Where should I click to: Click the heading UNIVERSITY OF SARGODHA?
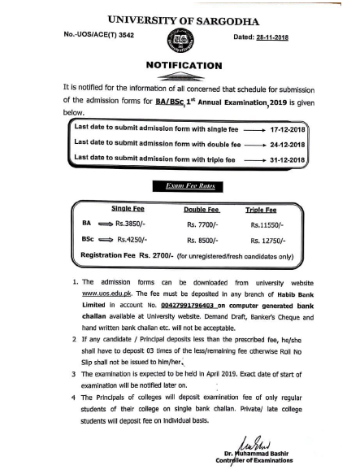click(x=180, y=17)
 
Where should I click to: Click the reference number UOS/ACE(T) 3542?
click(x=89, y=36)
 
